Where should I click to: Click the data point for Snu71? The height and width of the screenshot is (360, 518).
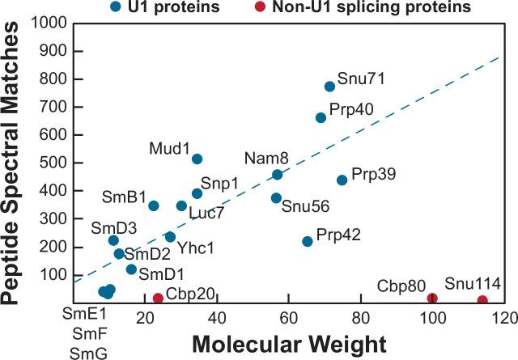pyautogui.click(x=329, y=87)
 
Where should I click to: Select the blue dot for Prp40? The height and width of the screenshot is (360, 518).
pyautogui.click(x=321, y=117)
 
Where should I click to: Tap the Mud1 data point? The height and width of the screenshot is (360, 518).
pyautogui.click(x=197, y=159)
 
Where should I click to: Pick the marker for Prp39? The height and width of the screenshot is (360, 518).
pyautogui.click(x=342, y=180)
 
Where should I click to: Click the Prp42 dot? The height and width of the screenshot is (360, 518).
pyautogui.click(x=307, y=241)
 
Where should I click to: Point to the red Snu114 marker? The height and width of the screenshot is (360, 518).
pyautogui.click(x=482, y=300)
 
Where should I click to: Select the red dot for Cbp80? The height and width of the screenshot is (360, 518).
pyautogui.click(x=432, y=299)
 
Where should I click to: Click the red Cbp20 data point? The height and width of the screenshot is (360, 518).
pyautogui.click(x=158, y=299)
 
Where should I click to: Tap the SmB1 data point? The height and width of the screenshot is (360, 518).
pyautogui.click(x=154, y=205)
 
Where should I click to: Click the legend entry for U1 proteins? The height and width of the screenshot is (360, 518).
pyautogui.click(x=160, y=8)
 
